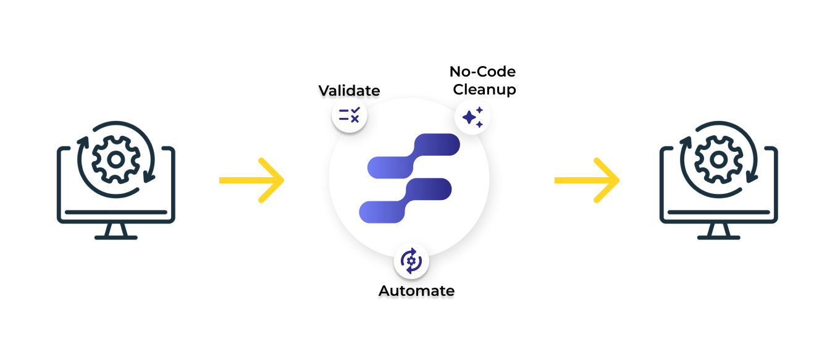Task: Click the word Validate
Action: (x=349, y=91)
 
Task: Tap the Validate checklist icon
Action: (x=350, y=115)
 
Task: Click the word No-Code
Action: (x=482, y=72)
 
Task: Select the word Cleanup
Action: (x=484, y=90)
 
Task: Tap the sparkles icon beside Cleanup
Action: (x=472, y=116)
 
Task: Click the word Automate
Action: (x=416, y=290)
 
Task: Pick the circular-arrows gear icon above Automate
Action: (x=411, y=261)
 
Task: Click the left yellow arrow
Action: (x=251, y=180)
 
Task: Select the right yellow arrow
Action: (x=586, y=180)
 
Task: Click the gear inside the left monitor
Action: (x=115, y=159)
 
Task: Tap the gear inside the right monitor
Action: (x=718, y=159)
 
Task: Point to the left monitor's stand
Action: (x=115, y=231)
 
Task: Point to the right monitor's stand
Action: (x=718, y=231)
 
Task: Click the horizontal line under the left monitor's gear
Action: (x=115, y=212)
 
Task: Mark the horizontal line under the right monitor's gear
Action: (x=718, y=212)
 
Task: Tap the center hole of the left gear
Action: (x=115, y=159)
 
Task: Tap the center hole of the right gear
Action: (x=718, y=159)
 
